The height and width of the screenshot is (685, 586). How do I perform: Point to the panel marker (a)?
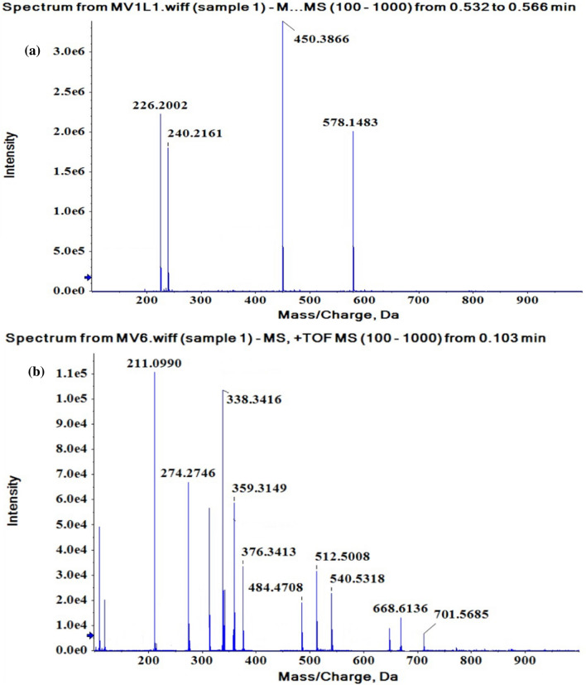[34, 51]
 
